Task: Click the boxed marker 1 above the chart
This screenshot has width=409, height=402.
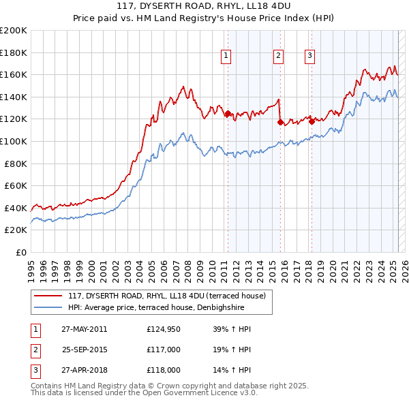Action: (226, 57)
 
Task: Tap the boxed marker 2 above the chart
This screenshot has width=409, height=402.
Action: (279, 57)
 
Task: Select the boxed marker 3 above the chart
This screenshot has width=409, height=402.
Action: (309, 57)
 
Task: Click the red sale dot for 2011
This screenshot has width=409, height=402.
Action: (228, 114)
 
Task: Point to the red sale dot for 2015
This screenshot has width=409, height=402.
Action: (280, 123)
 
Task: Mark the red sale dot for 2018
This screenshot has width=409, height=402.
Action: (312, 121)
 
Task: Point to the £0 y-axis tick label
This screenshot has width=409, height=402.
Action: (20, 252)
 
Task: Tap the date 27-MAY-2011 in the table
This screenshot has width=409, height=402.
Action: (84, 329)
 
